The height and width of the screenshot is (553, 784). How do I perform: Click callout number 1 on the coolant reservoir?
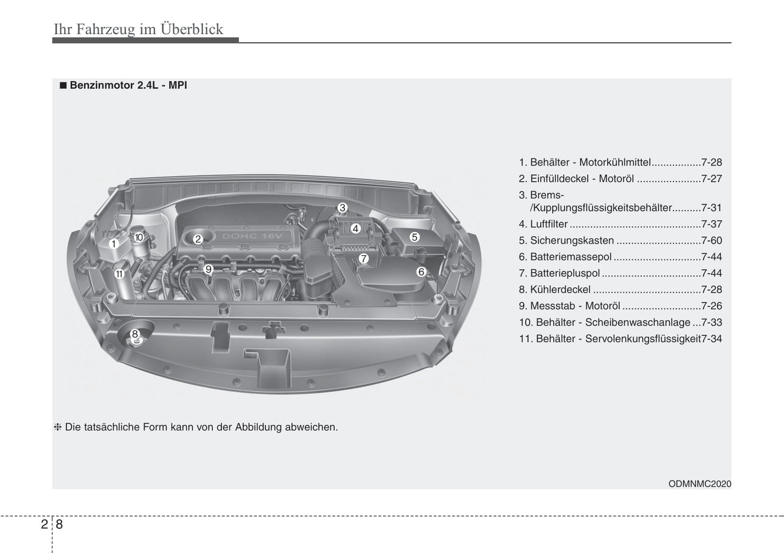[113, 244]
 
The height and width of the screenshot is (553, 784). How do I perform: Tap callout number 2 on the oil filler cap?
[198, 239]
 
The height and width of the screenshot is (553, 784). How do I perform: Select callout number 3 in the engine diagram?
[342, 207]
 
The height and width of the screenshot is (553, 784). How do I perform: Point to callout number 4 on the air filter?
[355, 228]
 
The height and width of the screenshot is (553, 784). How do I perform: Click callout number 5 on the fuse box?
[415, 237]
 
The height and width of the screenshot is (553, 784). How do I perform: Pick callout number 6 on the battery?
[421, 271]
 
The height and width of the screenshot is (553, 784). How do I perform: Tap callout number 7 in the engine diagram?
[364, 258]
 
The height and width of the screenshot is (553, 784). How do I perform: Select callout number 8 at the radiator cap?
[135, 334]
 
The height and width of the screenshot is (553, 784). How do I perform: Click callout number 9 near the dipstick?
[208, 269]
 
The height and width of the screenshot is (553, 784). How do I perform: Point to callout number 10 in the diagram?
[139, 237]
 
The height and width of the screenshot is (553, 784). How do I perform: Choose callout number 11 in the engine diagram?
[120, 274]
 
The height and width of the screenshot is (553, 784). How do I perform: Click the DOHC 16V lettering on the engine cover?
[252, 236]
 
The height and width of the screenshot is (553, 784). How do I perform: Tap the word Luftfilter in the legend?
[549, 224]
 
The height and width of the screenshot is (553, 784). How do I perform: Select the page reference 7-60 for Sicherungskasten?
[711, 240]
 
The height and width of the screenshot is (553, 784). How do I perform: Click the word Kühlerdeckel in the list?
[560, 289]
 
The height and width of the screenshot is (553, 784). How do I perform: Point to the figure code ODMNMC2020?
[700, 484]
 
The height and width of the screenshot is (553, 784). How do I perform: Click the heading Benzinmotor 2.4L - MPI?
[129, 85]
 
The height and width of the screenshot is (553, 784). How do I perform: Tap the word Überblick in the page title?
[192, 29]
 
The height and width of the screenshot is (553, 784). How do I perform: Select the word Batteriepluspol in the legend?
[565, 274]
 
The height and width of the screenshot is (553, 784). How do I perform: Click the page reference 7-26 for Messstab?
[711, 306]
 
